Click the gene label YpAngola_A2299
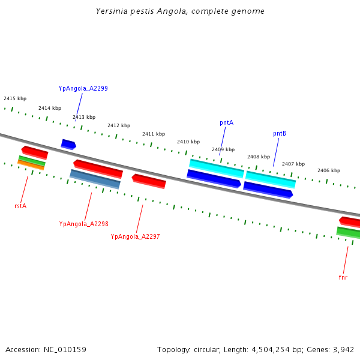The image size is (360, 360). pyautogui.click(x=83, y=88)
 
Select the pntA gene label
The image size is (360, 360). pyautogui.click(x=226, y=122)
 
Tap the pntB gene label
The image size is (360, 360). pyautogui.click(x=279, y=133)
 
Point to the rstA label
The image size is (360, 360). pyautogui.click(x=20, y=206)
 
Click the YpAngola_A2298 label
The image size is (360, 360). pyautogui.click(x=83, y=224)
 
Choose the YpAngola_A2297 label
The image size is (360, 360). pyautogui.click(x=135, y=236)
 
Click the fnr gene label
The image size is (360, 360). pyautogui.click(x=343, y=277)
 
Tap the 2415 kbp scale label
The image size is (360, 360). pyautogui.click(x=15, y=98)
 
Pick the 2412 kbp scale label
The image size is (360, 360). pyautogui.click(x=119, y=125)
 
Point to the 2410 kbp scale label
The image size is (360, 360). pyautogui.click(x=188, y=142)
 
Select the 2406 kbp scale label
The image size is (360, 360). pyautogui.click(x=329, y=170)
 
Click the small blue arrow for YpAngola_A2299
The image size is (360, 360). pyautogui.click(x=68, y=144)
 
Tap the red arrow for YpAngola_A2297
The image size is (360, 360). pyautogui.click(x=149, y=181)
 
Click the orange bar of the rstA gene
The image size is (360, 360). pyautogui.click(x=31, y=165)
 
